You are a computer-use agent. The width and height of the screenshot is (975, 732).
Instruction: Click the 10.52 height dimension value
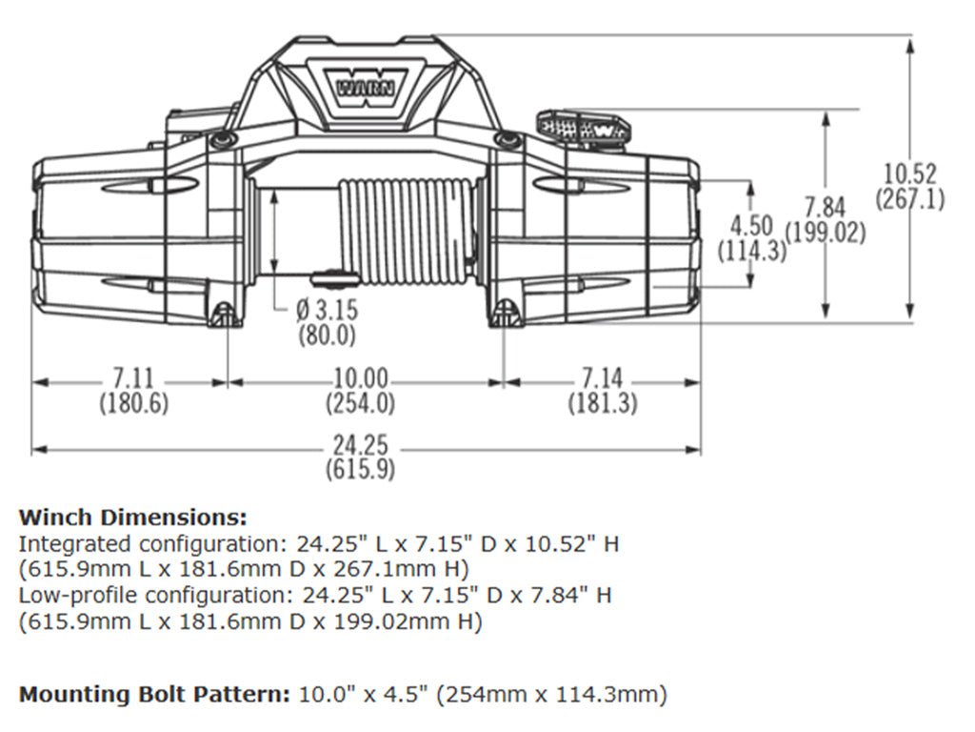click(909, 174)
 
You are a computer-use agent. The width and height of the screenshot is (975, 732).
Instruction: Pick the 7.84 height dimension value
click(825, 207)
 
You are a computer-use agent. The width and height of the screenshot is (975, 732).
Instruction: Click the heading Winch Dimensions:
click(132, 518)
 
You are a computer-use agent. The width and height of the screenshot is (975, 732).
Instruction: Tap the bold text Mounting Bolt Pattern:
click(155, 694)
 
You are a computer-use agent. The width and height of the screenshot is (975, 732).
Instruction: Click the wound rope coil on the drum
click(409, 231)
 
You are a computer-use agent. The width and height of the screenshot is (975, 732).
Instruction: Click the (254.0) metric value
click(360, 403)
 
